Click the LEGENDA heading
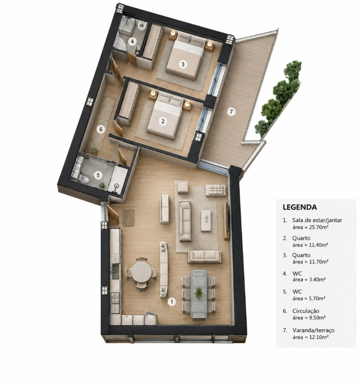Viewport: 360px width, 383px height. point(300,207)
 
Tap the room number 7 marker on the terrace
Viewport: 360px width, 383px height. point(231,112)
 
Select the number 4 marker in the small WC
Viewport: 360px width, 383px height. point(132,41)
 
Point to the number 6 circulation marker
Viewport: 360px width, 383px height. point(101,129)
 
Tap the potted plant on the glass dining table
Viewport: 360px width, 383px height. point(199,292)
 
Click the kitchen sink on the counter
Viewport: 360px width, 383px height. point(116,271)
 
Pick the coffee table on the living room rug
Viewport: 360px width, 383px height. point(206,220)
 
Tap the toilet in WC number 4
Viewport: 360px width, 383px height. point(142,26)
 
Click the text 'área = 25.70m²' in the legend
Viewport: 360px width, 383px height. point(310,227)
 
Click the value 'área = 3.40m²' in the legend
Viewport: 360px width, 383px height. point(309,279)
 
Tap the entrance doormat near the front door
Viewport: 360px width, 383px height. point(129,218)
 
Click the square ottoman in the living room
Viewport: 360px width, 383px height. point(183,187)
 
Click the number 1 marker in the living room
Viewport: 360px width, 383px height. point(172,302)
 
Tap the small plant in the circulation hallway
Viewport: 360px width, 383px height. point(94,150)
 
